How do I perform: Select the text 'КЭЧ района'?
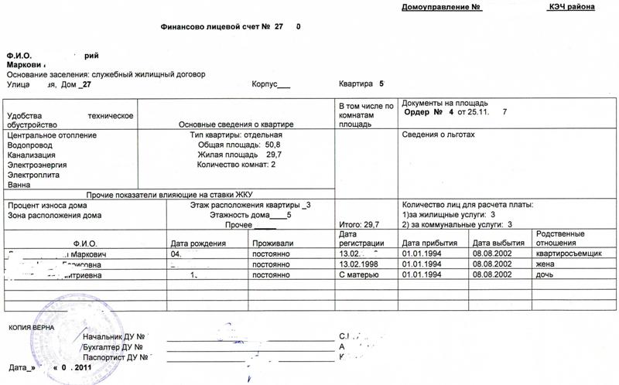(572, 7)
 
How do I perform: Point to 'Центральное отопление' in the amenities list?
(52, 135)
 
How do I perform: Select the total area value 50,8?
(272, 145)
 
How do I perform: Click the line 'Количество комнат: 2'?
(236, 165)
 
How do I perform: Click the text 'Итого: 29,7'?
(360, 224)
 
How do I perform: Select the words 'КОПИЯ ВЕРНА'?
(31, 328)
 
